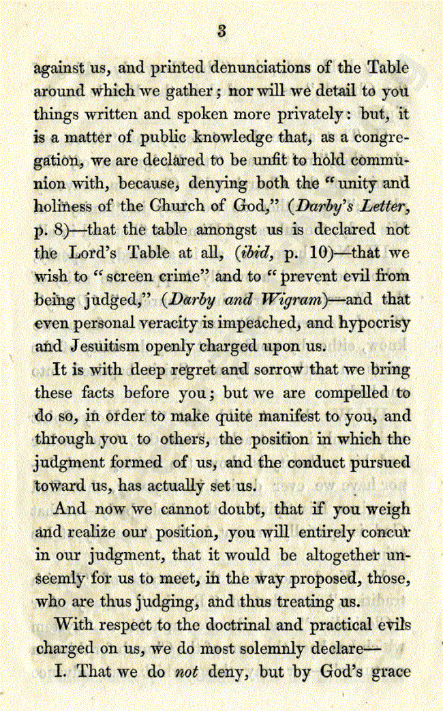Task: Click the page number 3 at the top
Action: [221, 30]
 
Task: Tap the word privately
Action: [314, 114]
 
